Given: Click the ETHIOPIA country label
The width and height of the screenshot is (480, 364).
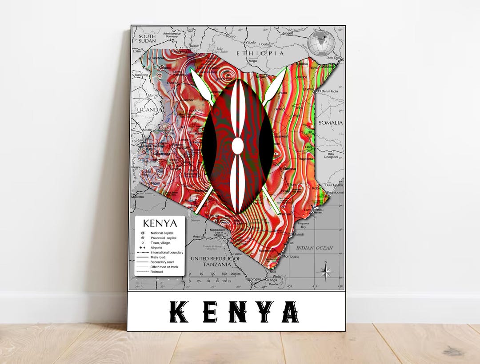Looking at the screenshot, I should pos(260,53).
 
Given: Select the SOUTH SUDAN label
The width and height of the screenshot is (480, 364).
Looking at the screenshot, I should pos(147,38).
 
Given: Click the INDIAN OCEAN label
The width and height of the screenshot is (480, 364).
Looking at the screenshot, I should pos(314,248).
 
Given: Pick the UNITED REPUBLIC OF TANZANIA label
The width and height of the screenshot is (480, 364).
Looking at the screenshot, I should pos(215,261).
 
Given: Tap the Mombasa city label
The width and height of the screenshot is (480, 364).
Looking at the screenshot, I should pos(290,257).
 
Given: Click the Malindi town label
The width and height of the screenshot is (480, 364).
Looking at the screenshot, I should pos(298,234).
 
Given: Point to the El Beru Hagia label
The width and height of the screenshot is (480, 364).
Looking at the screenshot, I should pos(328,91).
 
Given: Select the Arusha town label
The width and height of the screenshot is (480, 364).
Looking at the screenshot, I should pos(198,237).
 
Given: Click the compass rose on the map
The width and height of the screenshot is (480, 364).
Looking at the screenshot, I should pos(326,271).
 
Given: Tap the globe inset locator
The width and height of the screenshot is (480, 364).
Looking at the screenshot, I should pos(320,44).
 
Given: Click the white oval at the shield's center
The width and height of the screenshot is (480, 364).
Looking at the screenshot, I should pos(238,146).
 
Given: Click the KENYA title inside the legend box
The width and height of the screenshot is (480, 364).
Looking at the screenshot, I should pos(160,223).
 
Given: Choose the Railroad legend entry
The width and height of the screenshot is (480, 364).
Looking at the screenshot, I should pos(156,272).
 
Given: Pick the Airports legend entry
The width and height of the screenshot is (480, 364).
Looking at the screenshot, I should pos(156,248).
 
